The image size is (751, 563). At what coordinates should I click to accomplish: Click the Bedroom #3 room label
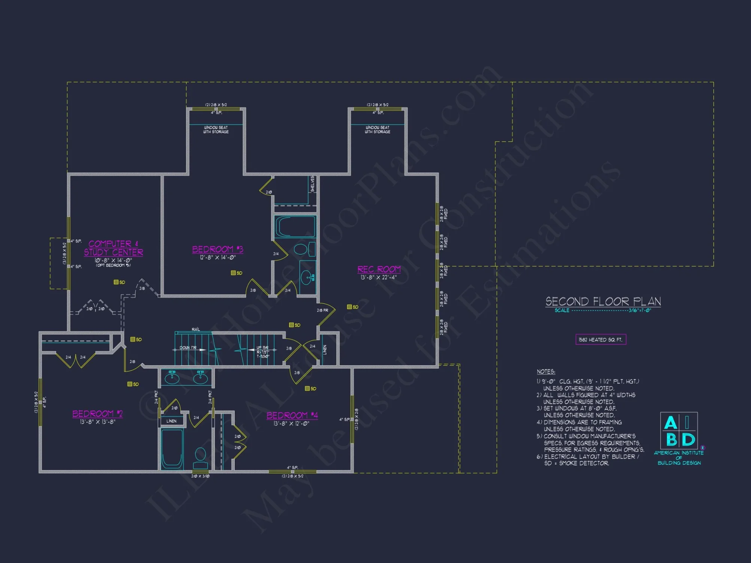217,250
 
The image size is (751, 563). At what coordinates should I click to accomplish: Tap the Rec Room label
379,269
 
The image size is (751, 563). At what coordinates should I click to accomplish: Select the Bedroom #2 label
97,414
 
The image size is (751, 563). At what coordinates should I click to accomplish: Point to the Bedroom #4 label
292,415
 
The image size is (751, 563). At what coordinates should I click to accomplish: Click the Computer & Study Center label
113,248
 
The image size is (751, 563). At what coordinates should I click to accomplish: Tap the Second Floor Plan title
603,301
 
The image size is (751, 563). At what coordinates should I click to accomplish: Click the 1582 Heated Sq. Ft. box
600,340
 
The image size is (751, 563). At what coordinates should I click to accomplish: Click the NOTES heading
546,372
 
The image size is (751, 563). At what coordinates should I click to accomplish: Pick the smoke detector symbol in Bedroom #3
233,273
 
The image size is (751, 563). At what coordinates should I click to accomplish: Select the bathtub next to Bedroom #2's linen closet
172,449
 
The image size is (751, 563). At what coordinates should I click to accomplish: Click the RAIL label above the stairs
196,330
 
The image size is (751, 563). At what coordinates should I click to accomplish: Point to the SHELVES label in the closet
312,184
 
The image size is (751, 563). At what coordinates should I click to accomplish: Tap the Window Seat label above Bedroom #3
216,129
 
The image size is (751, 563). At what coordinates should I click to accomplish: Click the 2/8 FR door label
322,310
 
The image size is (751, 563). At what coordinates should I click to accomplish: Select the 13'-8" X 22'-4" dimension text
379,277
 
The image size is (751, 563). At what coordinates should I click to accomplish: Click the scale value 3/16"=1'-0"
640,310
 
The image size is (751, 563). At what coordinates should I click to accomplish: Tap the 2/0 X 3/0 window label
201,476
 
